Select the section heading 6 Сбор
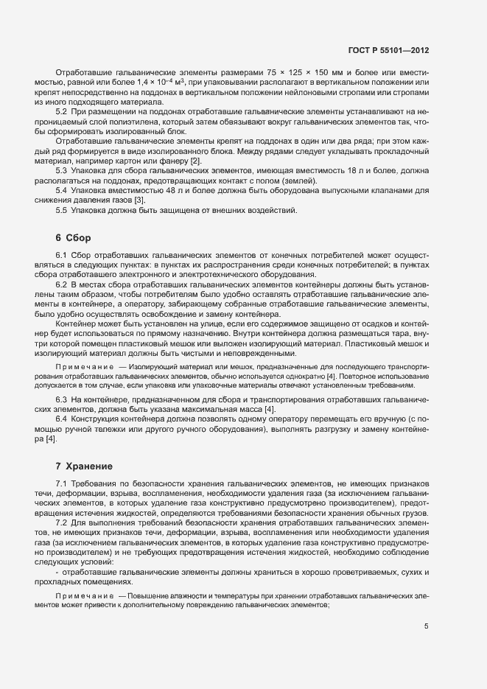coord(73,237)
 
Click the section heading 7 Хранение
coord(83,466)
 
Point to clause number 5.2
coord(62,111)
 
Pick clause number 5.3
coord(62,170)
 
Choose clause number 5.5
coord(62,211)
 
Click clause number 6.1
coord(62,254)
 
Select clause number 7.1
coord(62,483)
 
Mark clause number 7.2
coord(62,522)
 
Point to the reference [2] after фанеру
coord(195,161)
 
